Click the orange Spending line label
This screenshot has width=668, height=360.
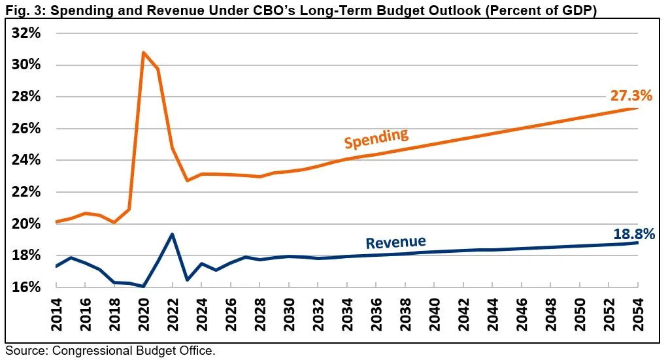tap(376, 138)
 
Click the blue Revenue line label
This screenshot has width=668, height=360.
tap(395, 242)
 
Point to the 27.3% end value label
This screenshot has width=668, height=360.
tap(631, 96)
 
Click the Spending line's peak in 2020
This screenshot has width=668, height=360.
tap(143, 52)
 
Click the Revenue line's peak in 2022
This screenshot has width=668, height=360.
tap(172, 234)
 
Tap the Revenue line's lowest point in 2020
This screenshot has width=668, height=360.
tap(143, 286)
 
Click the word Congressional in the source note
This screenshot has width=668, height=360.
tap(86, 351)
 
